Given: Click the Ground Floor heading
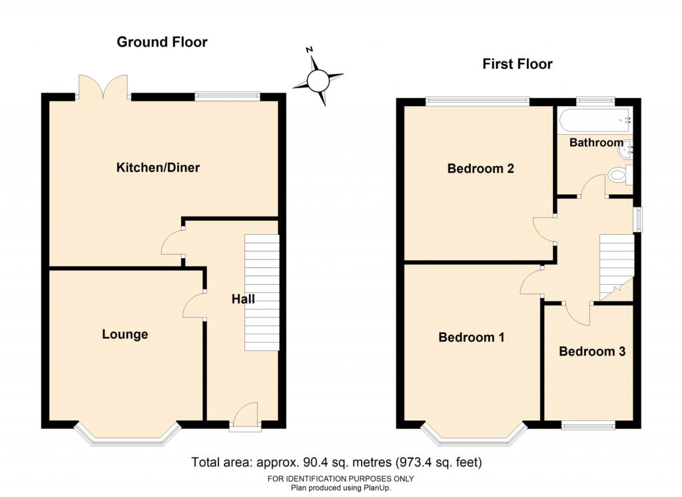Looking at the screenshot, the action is pyautogui.click(x=162, y=42).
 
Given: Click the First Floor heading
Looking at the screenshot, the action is pyautogui.click(x=517, y=64).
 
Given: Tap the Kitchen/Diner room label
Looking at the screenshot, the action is pyautogui.click(x=158, y=167).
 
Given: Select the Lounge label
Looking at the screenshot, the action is pyautogui.click(x=125, y=334).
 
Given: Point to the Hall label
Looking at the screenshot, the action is pyautogui.click(x=243, y=299).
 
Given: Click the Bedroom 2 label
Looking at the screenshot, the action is pyautogui.click(x=481, y=168).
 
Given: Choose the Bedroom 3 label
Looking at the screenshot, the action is pyautogui.click(x=592, y=351).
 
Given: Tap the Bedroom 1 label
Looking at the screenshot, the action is pyautogui.click(x=472, y=337).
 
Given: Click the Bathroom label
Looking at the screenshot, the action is pyautogui.click(x=596, y=143).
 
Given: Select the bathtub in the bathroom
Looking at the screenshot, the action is pyautogui.click(x=596, y=121).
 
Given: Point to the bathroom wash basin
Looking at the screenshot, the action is pyautogui.click(x=626, y=151).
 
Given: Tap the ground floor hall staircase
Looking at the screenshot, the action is pyautogui.click(x=262, y=292).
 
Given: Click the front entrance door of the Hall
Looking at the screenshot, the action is pyautogui.click(x=245, y=417).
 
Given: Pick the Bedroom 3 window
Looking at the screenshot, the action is pyautogui.click(x=588, y=426).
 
